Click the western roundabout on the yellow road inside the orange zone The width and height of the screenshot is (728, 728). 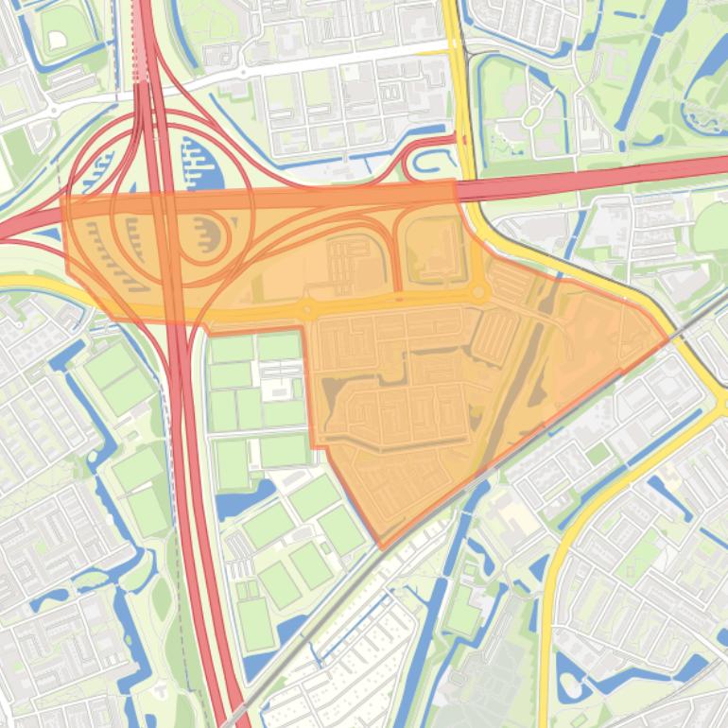tap(306, 309)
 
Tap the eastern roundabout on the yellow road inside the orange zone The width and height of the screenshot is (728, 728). tap(479, 293)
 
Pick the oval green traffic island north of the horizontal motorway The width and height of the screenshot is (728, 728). tap(531, 116)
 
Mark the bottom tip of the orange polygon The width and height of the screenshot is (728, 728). tap(381, 547)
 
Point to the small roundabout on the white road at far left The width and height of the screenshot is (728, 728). tap(53, 110)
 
